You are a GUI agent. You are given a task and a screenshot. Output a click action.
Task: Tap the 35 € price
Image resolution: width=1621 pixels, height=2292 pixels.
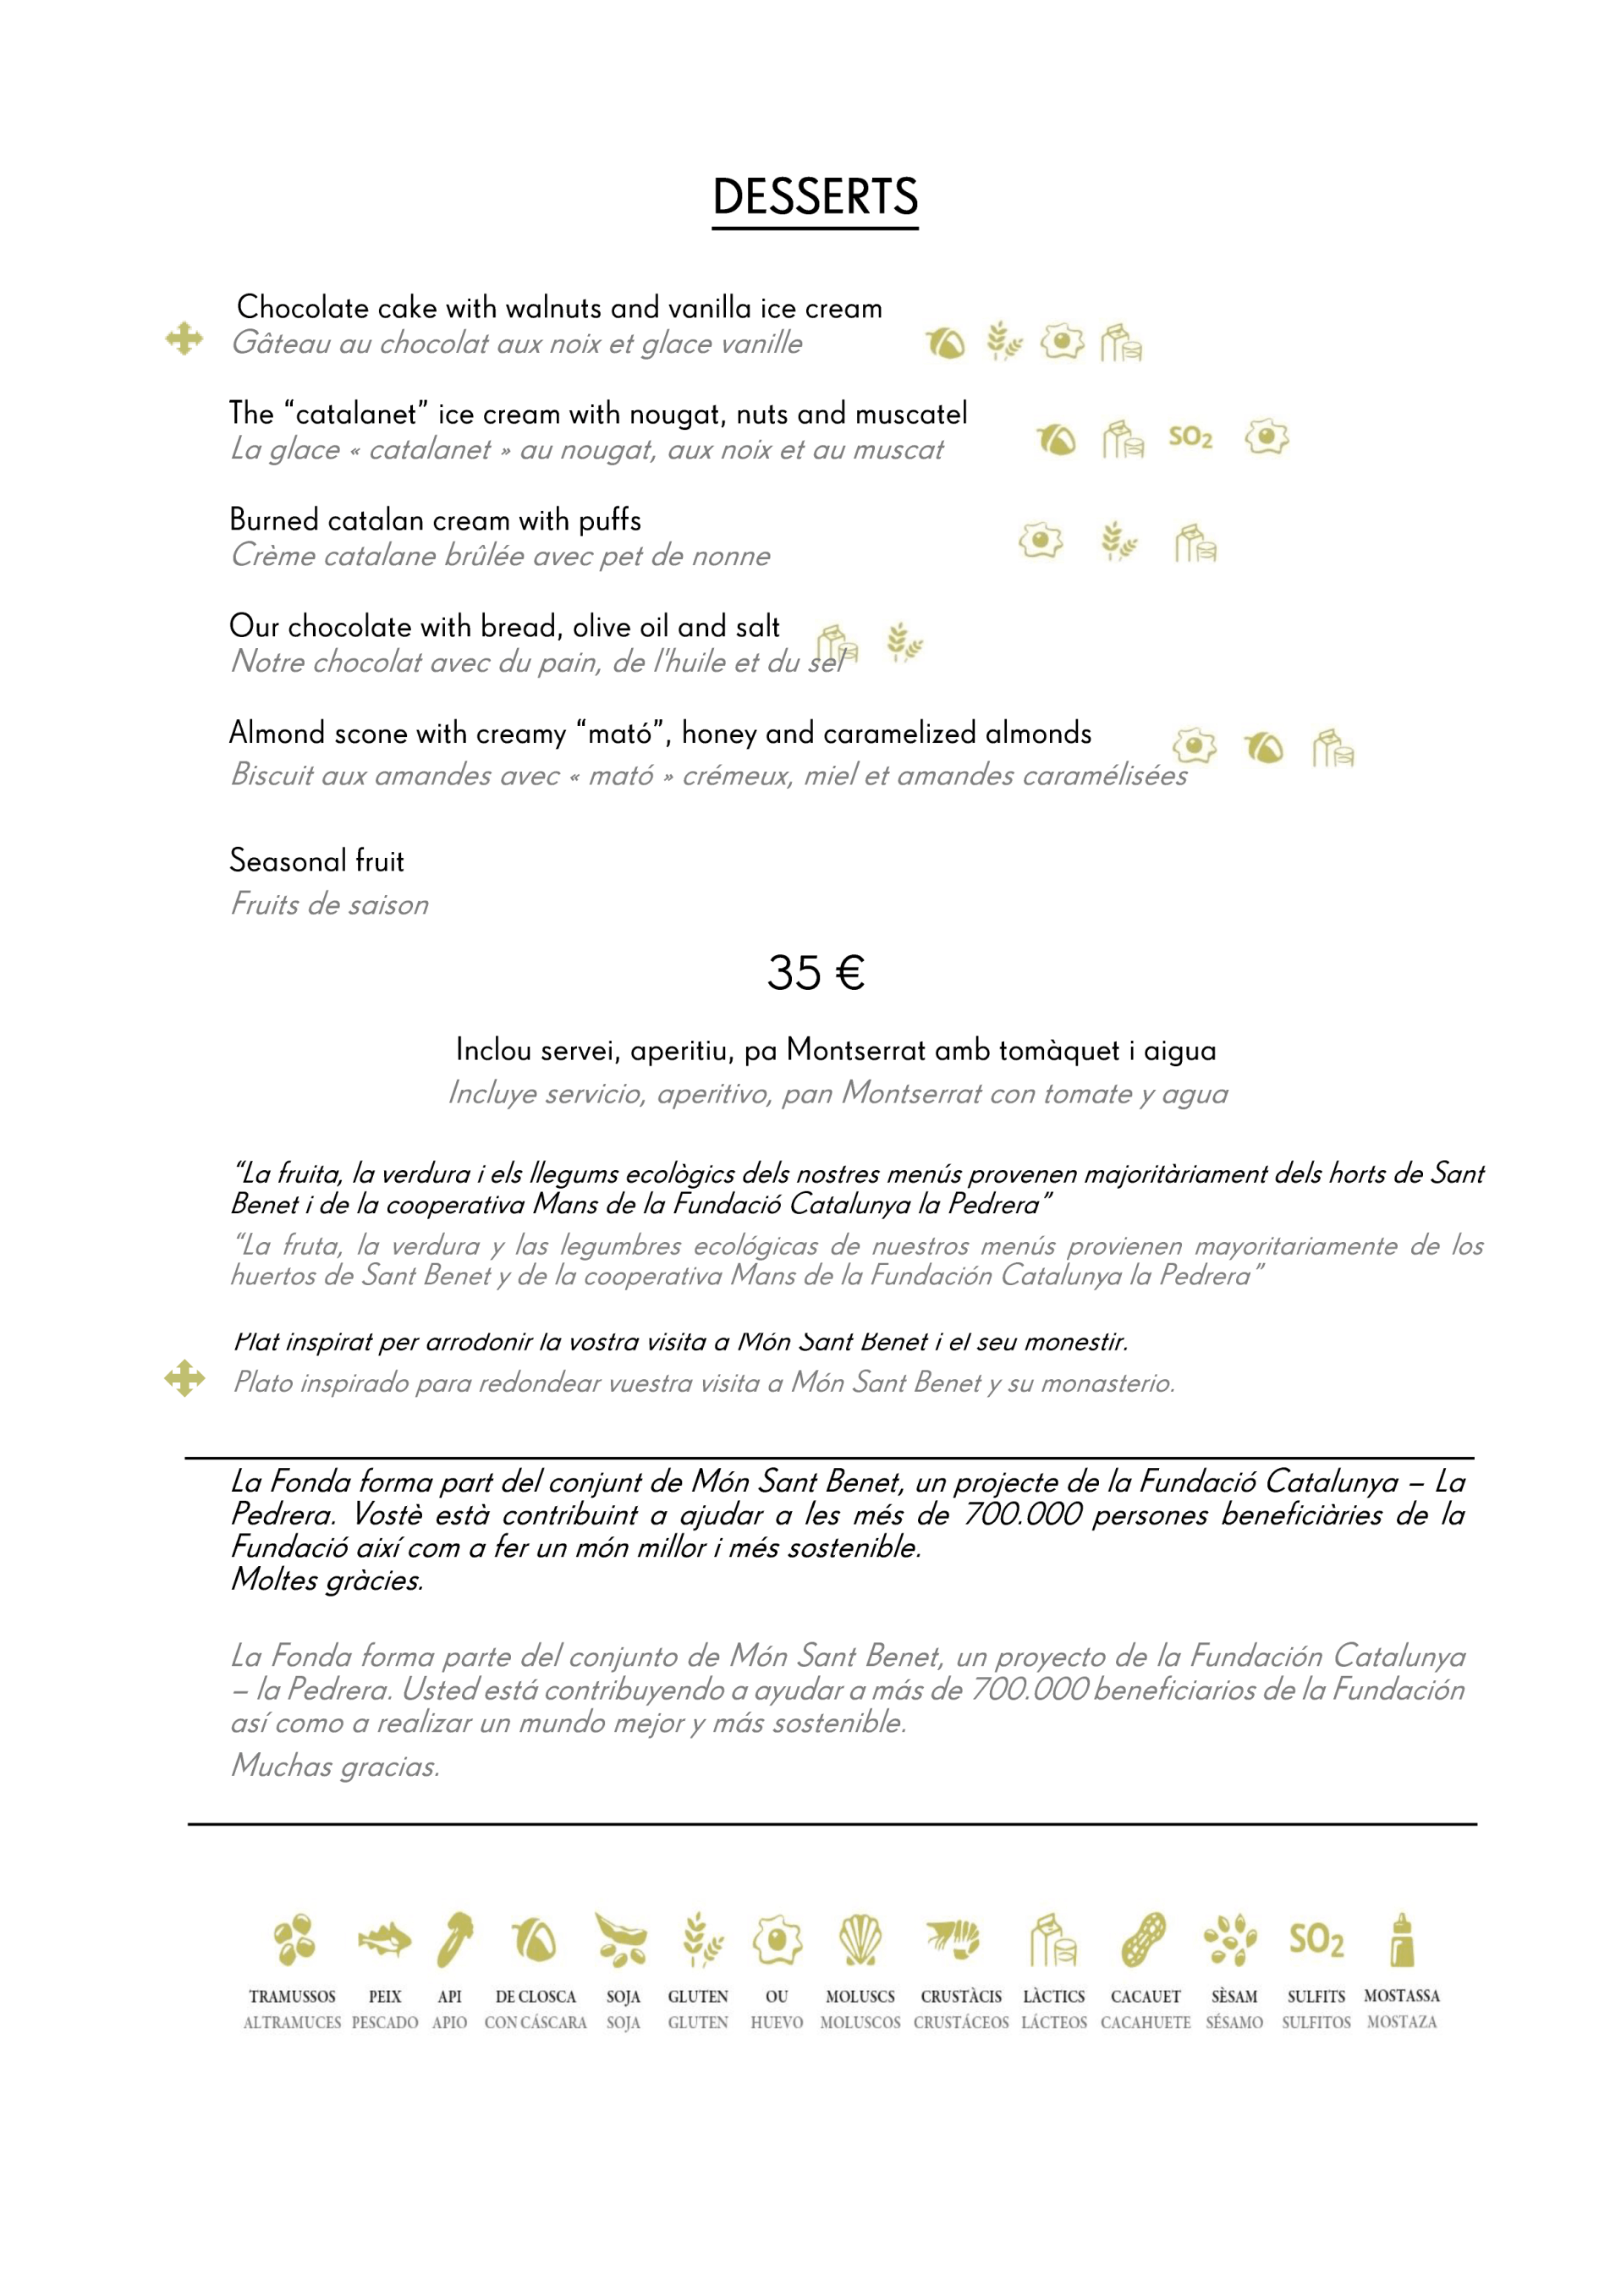pos(815,972)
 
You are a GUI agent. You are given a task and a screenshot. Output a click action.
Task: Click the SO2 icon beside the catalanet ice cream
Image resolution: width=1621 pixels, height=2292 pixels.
pos(1190,437)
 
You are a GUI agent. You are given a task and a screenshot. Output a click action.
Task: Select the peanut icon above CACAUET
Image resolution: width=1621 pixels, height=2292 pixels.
pos(1144,1940)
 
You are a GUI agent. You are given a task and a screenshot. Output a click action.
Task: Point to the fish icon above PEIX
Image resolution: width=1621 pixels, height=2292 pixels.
pos(384,1940)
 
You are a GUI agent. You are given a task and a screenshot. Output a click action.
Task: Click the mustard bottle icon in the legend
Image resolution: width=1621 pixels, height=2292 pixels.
pos(1401,1940)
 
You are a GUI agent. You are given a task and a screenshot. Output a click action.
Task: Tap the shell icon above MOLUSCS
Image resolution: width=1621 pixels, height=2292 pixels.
pos(860,1940)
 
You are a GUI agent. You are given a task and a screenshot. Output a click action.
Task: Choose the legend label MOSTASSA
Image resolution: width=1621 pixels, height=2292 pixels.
pos(1401,1996)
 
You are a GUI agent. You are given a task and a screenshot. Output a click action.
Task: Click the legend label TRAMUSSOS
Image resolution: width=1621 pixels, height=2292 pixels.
pos(293,1997)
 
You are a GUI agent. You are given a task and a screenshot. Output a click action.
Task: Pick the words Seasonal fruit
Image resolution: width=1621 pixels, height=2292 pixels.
pos(316,860)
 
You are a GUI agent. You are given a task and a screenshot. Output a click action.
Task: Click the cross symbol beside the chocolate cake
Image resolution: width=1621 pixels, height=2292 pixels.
pos(184,339)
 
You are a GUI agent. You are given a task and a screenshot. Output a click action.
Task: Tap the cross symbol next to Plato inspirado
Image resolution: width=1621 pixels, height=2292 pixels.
pos(184,1378)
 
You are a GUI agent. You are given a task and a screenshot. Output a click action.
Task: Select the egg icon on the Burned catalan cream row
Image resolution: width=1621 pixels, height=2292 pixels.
pos(1040,541)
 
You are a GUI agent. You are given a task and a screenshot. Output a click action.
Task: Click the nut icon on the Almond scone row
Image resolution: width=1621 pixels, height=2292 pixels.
pos(1264,747)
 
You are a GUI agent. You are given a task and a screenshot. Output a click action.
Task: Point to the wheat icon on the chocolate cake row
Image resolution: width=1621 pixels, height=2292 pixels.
pos(1004,342)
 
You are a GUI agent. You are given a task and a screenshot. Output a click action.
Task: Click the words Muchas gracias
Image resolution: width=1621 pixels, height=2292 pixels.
pos(335,1766)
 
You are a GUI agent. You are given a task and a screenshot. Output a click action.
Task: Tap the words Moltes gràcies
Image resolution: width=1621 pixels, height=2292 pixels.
pos(327,1580)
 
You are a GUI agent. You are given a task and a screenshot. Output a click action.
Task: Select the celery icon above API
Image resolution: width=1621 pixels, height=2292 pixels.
pos(454,1940)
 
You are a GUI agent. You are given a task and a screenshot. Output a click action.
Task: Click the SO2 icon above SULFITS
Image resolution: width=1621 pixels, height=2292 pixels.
pos(1316,1940)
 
